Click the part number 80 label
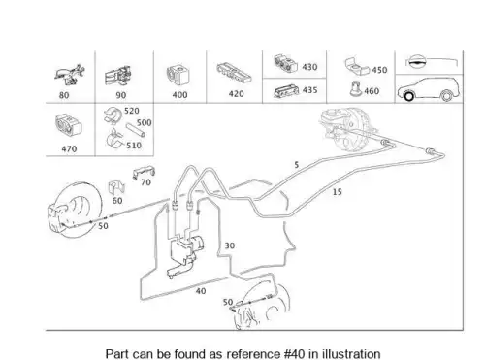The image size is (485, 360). [x=64, y=95]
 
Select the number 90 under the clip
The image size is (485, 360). [x=121, y=95]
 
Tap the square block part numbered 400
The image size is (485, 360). [x=178, y=75]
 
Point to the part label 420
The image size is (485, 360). [x=236, y=94]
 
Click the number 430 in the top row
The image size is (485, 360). [x=309, y=67]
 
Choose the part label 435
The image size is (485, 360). [x=309, y=90]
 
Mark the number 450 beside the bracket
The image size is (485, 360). [x=379, y=70]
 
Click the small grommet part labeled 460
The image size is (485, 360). [x=355, y=88]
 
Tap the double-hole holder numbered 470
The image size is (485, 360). [x=69, y=124]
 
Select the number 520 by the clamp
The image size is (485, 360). [x=132, y=111]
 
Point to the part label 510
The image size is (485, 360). [x=134, y=146]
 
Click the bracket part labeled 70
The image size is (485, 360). [x=144, y=173]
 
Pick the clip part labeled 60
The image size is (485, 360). [x=115, y=188]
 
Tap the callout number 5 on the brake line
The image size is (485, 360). [x=297, y=165]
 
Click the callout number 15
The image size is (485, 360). [x=338, y=192]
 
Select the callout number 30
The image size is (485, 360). [x=230, y=245]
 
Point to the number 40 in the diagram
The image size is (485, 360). [x=201, y=291]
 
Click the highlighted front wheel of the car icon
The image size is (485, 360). [x=409, y=96]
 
